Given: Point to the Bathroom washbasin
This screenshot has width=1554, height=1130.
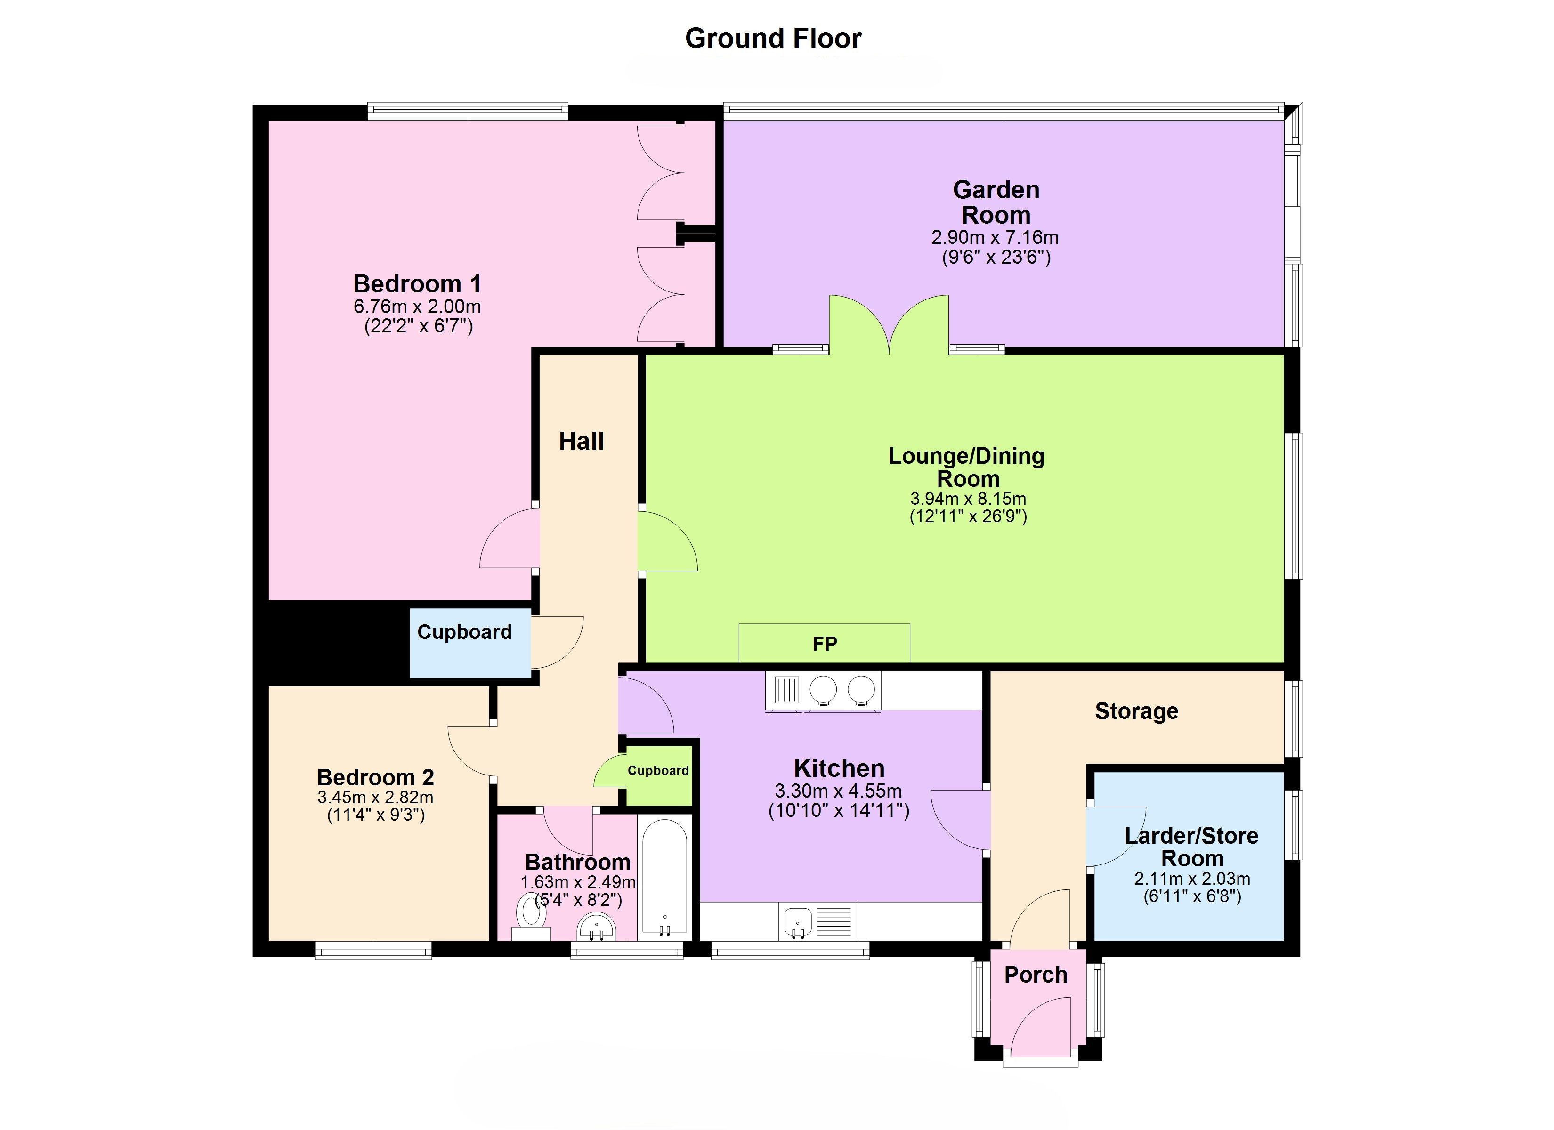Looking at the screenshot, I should click(x=598, y=928).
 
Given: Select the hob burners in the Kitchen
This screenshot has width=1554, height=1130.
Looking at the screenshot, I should click(x=842, y=689).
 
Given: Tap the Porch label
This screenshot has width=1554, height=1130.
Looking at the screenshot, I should click(x=1036, y=975).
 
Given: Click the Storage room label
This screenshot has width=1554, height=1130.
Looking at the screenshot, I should click(x=1136, y=711).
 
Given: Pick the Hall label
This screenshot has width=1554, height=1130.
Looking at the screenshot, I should click(x=581, y=441).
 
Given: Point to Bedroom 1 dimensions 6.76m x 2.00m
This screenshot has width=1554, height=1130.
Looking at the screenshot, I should click(x=417, y=307).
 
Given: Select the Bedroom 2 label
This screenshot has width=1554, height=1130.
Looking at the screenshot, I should click(x=375, y=777).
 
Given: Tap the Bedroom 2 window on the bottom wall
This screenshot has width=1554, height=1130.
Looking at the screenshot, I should click(x=373, y=950).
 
